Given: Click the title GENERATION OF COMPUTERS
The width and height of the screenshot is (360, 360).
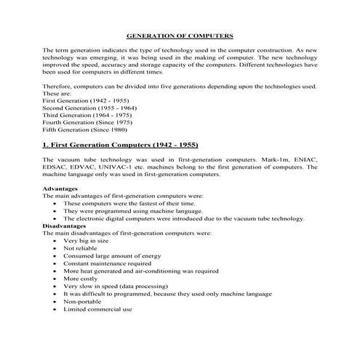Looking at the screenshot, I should tap(180, 35).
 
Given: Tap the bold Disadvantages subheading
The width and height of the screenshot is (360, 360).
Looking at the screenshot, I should tap(65, 225).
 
